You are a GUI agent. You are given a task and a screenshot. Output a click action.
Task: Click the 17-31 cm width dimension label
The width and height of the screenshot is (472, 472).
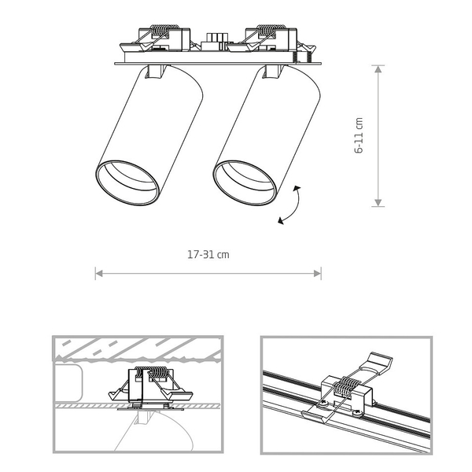click(208, 255)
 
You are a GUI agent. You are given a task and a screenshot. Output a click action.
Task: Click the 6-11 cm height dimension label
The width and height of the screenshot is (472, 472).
click(360, 135)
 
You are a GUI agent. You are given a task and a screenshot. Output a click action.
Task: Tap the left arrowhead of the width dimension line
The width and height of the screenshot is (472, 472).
click(99, 273)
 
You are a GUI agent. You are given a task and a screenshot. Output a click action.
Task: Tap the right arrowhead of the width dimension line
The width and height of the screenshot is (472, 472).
click(317, 273)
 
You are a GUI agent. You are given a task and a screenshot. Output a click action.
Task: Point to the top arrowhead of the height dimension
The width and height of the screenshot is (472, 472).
click(378, 69)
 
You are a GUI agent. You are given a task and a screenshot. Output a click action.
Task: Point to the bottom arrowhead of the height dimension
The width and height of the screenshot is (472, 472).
click(378, 203)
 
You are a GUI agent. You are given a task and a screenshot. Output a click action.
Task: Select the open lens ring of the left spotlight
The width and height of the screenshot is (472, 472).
click(127, 183)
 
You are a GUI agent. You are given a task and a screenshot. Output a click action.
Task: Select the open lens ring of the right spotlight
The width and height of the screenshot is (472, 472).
click(245, 183)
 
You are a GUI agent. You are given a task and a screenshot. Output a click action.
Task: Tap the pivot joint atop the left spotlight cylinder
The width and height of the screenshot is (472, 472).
click(155, 72)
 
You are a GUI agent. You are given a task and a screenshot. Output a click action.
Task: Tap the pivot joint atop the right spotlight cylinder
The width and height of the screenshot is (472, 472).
click(273, 72)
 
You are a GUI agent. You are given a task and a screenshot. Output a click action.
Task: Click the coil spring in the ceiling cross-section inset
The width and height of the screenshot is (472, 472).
click(149, 372)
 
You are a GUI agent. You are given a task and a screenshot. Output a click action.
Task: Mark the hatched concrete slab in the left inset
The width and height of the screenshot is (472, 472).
click(138, 348)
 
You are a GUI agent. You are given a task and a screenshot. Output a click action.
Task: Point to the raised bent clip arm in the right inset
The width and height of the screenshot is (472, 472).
click(380, 363)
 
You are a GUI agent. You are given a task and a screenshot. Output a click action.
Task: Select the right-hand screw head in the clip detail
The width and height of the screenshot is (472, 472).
click(356, 413)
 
